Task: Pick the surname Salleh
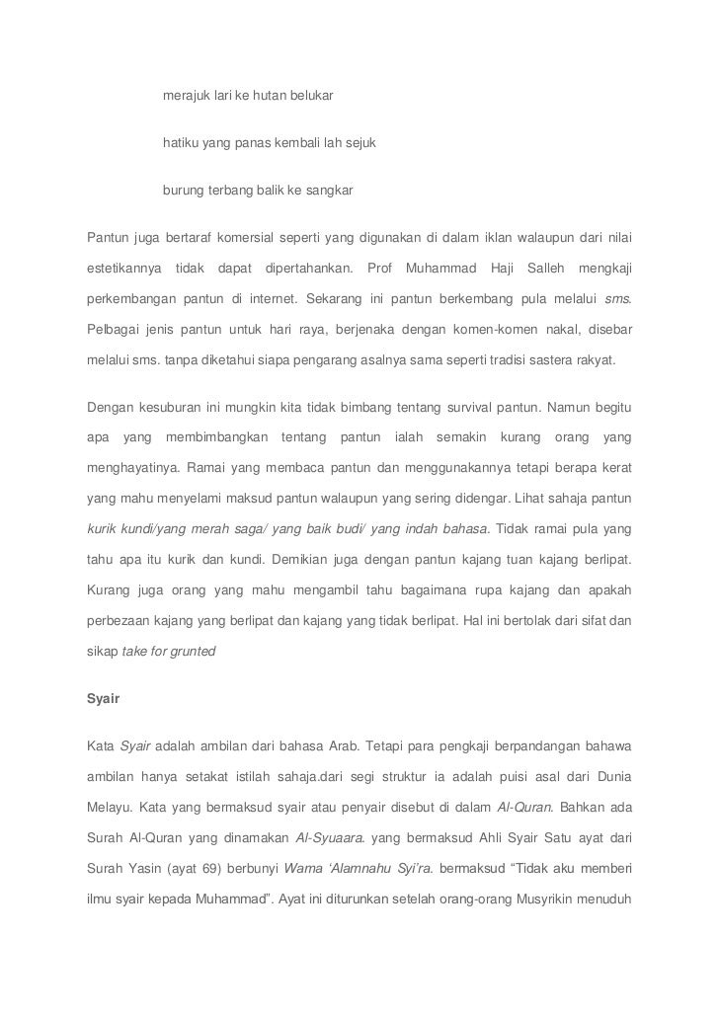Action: coord(547,269)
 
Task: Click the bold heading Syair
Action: coord(104,698)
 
